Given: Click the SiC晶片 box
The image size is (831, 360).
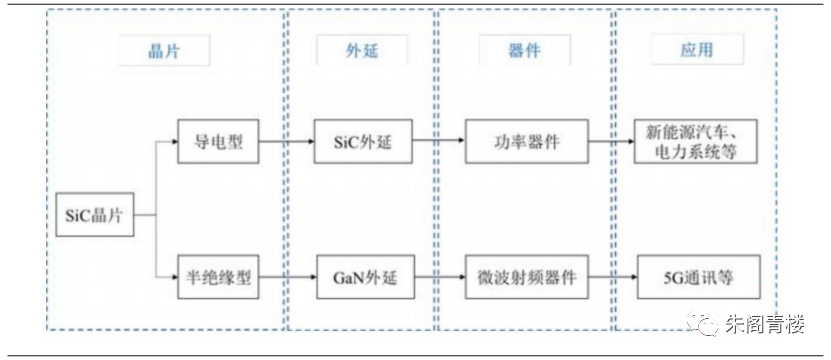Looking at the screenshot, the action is (x=95, y=214).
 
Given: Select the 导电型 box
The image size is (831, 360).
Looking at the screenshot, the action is (x=218, y=141).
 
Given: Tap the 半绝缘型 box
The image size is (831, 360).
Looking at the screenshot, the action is (x=218, y=277).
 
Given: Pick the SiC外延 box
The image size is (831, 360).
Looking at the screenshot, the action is (x=363, y=141).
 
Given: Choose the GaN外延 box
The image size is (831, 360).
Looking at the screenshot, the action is (x=365, y=277).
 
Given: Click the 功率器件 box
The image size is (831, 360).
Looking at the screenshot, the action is (x=527, y=141).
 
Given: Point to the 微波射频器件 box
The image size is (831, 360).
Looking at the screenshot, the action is (x=528, y=277).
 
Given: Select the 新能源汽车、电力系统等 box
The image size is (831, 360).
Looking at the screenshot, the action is (x=696, y=141).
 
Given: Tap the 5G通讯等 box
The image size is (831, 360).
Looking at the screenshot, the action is (x=699, y=277).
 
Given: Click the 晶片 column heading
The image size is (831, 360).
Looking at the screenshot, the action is (x=164, y=50).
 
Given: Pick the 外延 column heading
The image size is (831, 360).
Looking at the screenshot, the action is (x=363, y=50).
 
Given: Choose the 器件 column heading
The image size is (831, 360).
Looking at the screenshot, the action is (x=525, y=50).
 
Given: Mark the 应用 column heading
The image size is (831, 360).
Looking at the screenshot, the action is (x=697, y=50).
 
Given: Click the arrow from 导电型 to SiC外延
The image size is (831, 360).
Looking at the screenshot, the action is (x=286, y=142).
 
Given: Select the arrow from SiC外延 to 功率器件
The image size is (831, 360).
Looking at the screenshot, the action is (x=439, y=141).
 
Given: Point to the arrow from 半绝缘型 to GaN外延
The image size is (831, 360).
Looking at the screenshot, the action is (x=288, y=277).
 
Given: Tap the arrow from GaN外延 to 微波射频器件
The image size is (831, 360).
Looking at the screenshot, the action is (x=440, y=277).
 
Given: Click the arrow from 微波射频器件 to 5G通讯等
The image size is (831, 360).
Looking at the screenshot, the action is (x=613, y=276).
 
